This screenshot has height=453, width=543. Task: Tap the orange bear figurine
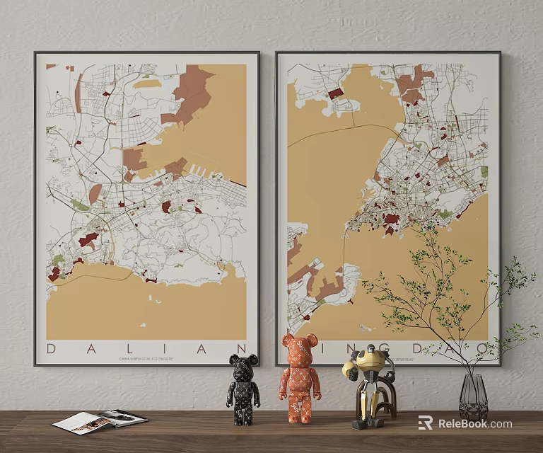300,379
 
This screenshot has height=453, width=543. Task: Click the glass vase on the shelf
473,398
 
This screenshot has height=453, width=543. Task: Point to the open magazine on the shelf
99,421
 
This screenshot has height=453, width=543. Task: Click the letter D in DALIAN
52,348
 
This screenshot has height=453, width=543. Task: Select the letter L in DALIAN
126,348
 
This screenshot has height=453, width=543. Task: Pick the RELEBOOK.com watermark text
475,424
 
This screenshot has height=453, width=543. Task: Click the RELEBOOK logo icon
425,423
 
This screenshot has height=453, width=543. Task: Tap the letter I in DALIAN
164,348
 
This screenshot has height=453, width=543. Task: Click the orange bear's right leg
308,411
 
